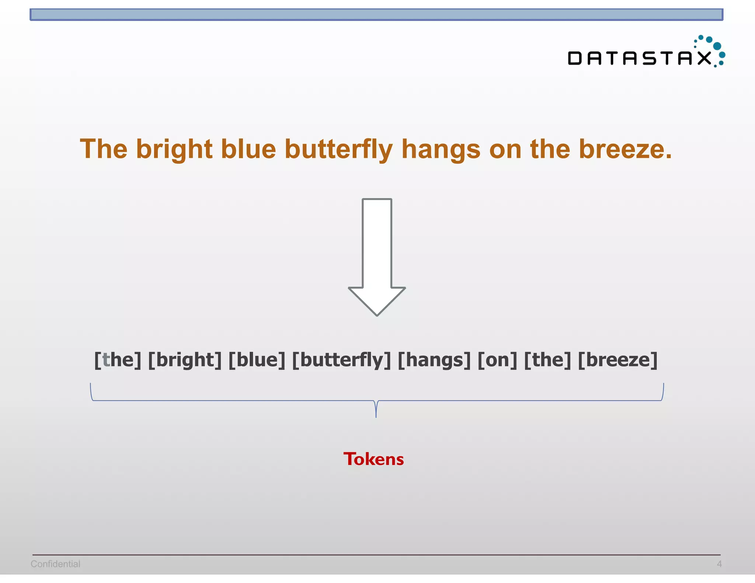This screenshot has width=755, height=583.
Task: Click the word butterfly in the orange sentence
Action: [x=338, y=149]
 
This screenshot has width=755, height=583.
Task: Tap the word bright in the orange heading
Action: [x=174, y=149]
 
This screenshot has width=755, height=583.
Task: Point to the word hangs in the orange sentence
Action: [x=441, y=149]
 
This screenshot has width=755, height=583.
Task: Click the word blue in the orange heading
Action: [x=248, y=149]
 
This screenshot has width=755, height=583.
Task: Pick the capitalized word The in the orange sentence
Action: [x=104, y=149]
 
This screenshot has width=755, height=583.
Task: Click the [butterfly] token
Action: [x=341, y=360]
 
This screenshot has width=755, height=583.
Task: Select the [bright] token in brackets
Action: [x=185, y=360]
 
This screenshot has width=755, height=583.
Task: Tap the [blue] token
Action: [x=257, y=360]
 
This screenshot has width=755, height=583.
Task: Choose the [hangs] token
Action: [x=434, y=360]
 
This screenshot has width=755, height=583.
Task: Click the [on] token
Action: [x=497, y=360]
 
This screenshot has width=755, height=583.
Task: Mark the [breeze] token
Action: [x=617, y=360]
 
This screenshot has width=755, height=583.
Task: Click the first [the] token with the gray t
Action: [x=118, y=360]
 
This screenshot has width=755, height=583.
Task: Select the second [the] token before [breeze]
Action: [x=547, y=360]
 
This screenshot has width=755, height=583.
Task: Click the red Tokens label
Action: [x=373, y=459]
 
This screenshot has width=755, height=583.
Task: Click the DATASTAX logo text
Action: [x=640, y=58]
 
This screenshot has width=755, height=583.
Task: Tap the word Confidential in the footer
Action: [x=55, y=564]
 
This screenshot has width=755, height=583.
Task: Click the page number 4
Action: [x=719, y=564]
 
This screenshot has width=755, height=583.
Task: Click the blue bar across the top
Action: [x=376, y=15]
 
